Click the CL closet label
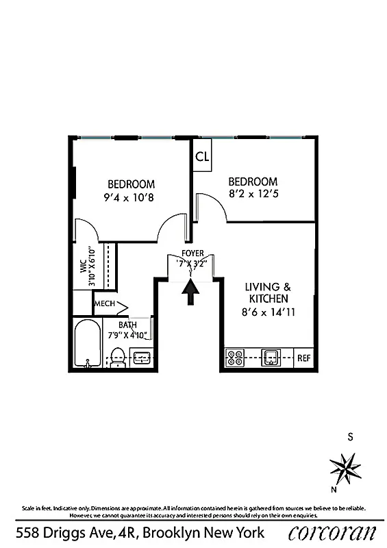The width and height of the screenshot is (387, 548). coord(202,156)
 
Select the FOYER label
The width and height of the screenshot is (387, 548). coord(192,253)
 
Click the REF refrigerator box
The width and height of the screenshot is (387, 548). coord(303,358)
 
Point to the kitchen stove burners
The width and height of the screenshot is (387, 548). coord(236,357)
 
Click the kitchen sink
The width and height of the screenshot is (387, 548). coord(271,356)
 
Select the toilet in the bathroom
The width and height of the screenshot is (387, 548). coord(117,356)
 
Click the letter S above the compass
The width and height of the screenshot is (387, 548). coord(350,436)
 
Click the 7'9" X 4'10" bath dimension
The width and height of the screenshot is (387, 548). coord(128,335)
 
